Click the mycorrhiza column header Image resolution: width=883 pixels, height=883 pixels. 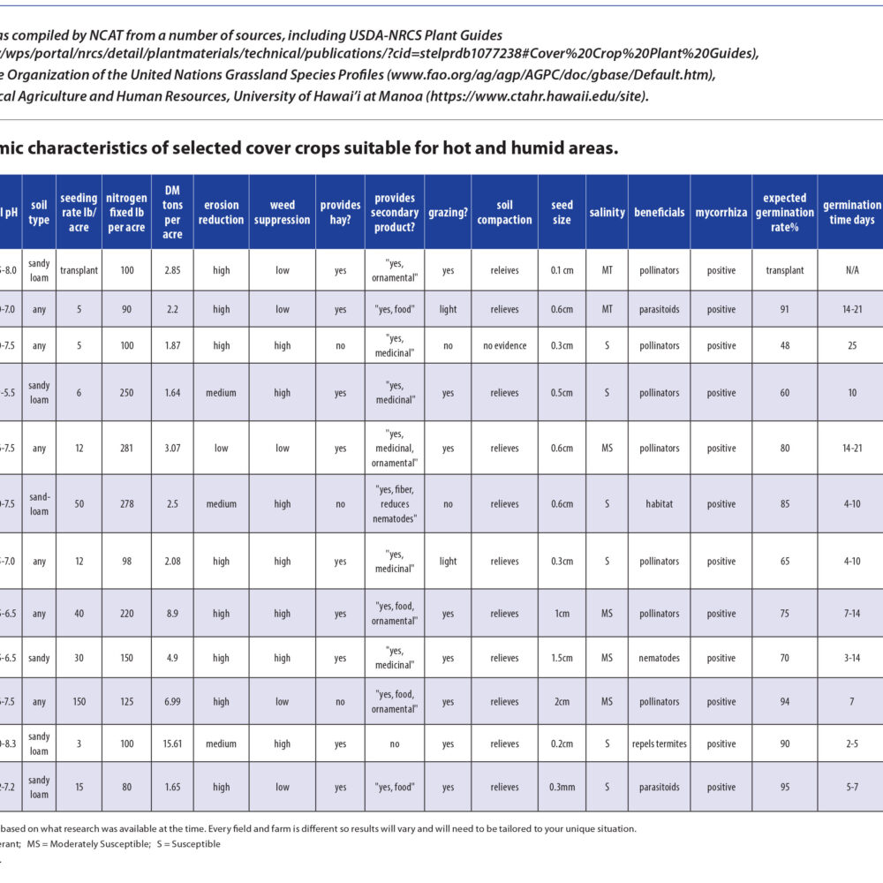(x=721, y=212)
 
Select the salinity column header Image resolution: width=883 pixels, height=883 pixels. (x=607, y=212)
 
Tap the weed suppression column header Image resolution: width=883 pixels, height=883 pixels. (x=282, y=212)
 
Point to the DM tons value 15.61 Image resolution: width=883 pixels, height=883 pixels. (x=172, y=743)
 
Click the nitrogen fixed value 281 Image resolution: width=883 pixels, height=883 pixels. (x=126, y=448)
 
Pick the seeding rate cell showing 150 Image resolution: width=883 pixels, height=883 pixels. (x=79, y=702)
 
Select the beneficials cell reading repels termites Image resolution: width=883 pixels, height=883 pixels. (x=659, y=743)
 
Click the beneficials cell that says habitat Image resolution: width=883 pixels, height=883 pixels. (x=659, y=504)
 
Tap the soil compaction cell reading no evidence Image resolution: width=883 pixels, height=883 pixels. (x=504, y=345)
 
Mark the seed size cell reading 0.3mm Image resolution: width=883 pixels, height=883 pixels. (x=562, y=787)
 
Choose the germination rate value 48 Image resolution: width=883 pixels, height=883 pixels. (x=784, y=345)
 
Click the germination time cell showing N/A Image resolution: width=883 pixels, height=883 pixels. (x=851, y=270)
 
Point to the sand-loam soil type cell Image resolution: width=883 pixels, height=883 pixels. (x=39, y=504)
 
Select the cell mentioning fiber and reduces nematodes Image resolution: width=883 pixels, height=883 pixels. (x=395, y=504)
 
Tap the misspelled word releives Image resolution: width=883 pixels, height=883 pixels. (x=504, y=270)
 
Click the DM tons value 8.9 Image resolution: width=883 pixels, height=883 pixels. (x=172, y=613)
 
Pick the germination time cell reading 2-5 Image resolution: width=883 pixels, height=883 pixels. (x=851, y=743)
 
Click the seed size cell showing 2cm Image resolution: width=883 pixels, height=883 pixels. (x=562, y=702)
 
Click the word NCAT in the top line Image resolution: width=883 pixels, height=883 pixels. (x=107, y=35)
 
